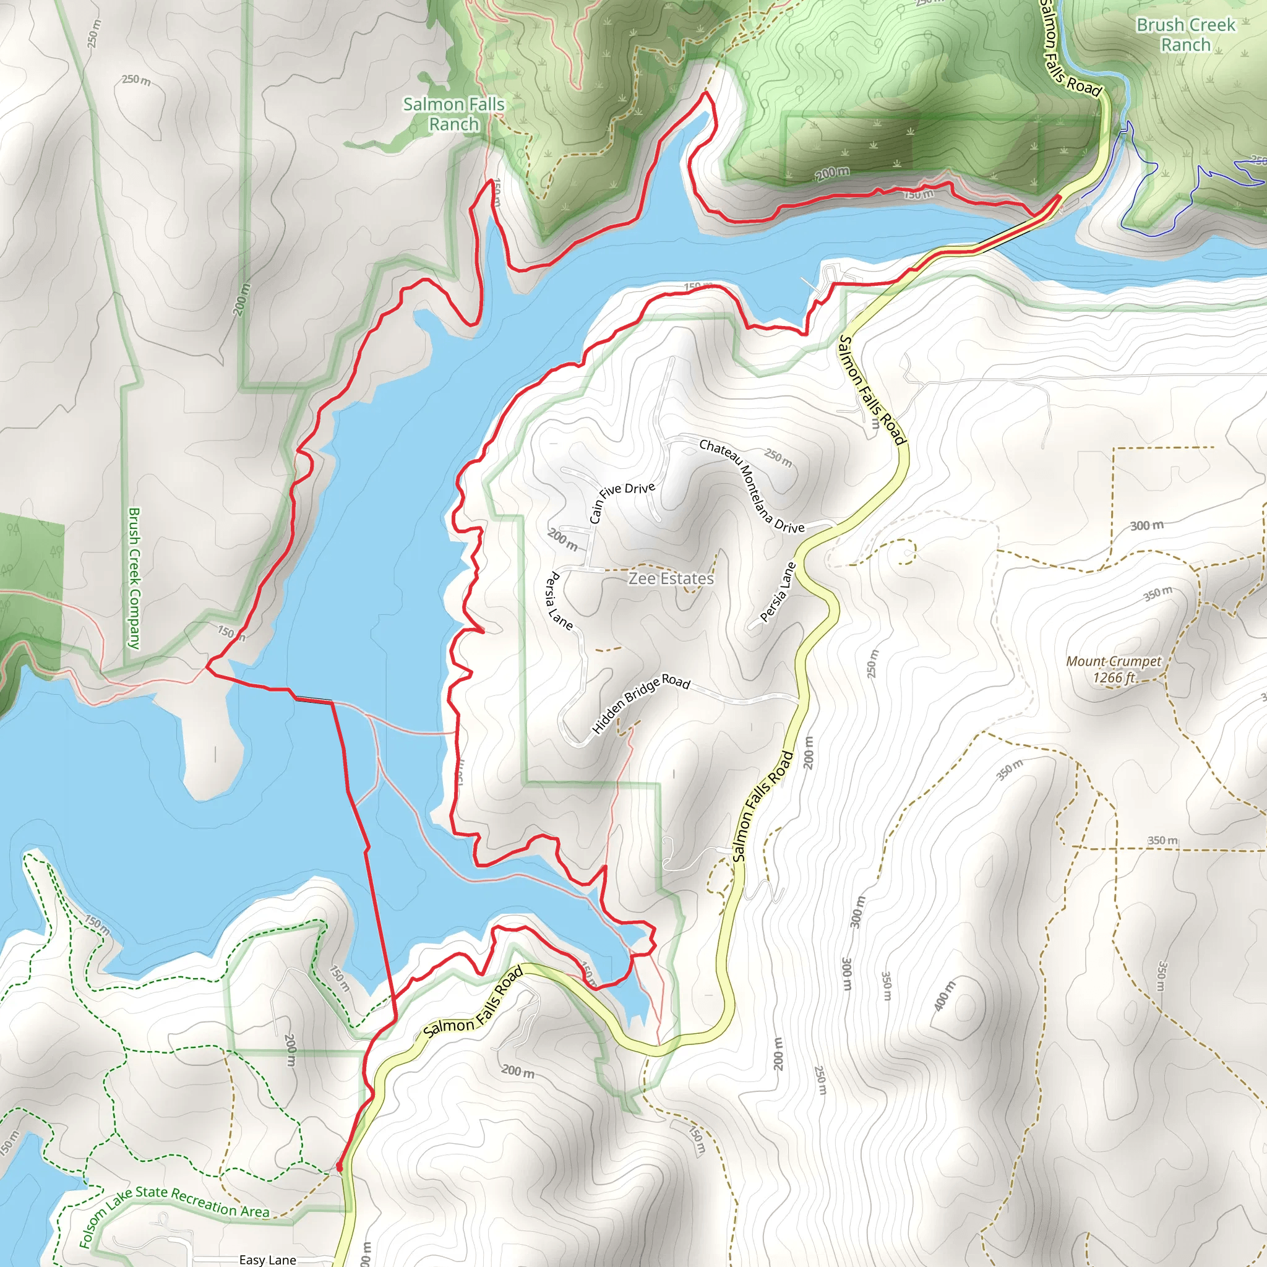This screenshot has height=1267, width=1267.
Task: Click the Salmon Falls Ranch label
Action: click(x=454, y=113)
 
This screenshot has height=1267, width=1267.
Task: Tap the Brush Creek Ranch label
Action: click(x=1186, y=35)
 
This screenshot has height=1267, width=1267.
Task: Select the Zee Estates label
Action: click(x=671, y=578)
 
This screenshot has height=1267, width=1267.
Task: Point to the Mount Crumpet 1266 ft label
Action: click(x=1114, y=669)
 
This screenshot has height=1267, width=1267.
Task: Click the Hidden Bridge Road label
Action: click(x=641, y=703)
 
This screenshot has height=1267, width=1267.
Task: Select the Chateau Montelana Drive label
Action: click(x=752, y=486)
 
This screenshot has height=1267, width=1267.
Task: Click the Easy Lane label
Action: click(x=267, y=1260)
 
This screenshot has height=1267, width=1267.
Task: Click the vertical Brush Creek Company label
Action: click(x=134, y=578)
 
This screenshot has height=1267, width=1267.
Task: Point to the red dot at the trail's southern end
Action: click(x=339, y=1167)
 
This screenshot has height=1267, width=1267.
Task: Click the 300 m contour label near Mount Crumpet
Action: click(x=1146, y=525)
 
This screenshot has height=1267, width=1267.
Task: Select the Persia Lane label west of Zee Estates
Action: click(x=559, y=601)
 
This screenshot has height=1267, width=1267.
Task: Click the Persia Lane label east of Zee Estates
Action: click(x=778, y=592)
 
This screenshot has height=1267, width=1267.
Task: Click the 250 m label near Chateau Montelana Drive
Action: click(x=778, y=457)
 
